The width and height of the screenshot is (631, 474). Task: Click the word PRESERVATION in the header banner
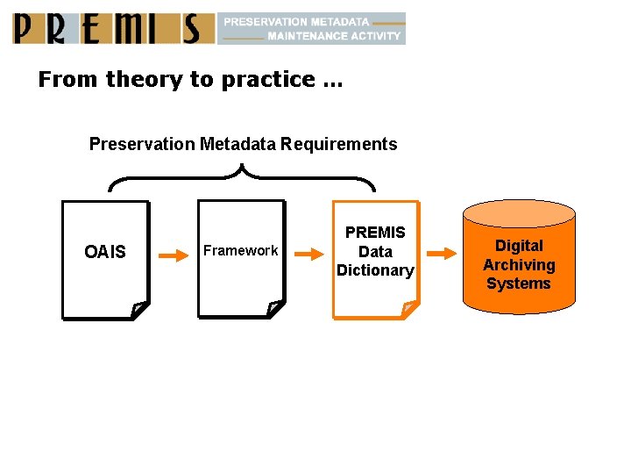click(x=265, y=21)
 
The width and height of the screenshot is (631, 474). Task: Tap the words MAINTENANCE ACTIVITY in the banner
click(x=333, y=36)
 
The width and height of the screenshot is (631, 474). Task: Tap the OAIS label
click(x=105, y=253)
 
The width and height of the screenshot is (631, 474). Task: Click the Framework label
click(x=240, y=251)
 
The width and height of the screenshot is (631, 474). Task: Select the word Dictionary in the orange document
click(x=375, y=270)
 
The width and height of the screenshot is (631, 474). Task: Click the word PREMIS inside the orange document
click(x=375, y=233)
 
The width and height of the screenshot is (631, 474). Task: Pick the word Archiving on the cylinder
click(x=519, y=265)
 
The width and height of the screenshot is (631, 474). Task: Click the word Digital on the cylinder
click(x=519, y=246)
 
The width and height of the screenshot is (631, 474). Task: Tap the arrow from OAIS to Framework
click(x=175, y=256)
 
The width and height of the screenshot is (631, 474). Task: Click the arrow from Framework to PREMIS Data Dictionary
click(x=310, y=255)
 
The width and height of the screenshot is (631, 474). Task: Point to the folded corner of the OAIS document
click(x=138, y=309)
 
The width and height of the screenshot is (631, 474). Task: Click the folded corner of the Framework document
click(x=273, y=308)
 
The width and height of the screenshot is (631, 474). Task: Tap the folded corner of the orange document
click(x=408, y=308)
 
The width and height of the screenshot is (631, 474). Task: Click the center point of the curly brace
click(x=240, y=170)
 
